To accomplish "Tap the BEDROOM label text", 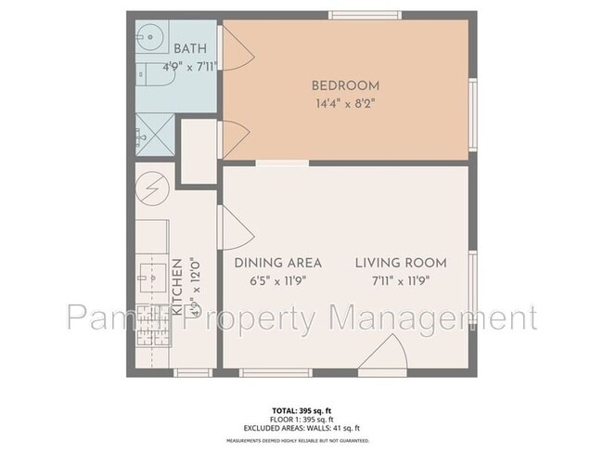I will pyautogui.click(x=345, y=86).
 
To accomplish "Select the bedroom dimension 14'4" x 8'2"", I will pyautogui.click(x=345, y=104).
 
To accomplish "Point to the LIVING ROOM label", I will pyautogui.click(x=401, y=263).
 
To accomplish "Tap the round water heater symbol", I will pyautogui.click(x=152, y=189).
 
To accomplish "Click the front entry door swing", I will pyautogui.click(x=385, y=355).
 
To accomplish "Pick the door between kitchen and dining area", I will pyautogui.click(x=230, y=227).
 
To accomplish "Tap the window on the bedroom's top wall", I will pyautogui.click(x=366, y=15).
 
